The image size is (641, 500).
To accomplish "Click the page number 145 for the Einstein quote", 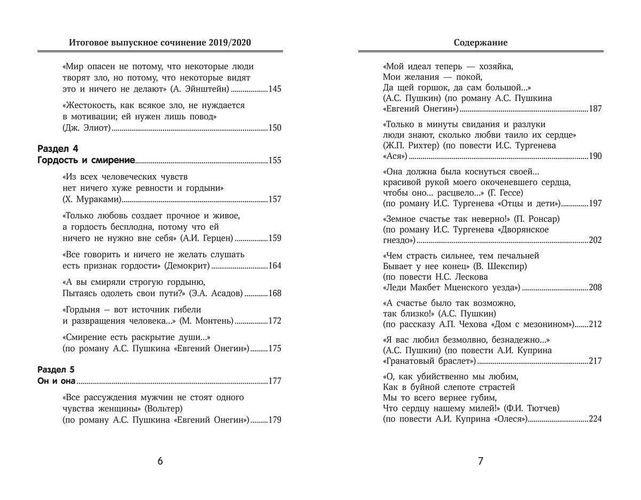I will click(275, 89).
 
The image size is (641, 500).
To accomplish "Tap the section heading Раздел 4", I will click(58, 148).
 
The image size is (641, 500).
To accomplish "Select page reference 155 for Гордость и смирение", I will click(275, 161).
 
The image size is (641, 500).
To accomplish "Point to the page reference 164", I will click(275, 266).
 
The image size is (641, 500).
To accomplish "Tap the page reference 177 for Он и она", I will click(275, 381).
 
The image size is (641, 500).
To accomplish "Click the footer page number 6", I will click(160, 462).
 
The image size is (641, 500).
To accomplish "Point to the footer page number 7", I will click(480, 462).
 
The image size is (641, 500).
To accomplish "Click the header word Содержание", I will click(481, 42).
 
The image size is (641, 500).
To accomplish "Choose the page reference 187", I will click(595, 109).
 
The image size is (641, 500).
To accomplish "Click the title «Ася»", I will click(395, 156).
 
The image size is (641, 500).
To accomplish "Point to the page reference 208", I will click(595, 288).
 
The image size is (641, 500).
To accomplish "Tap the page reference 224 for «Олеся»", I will click(595, 419).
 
